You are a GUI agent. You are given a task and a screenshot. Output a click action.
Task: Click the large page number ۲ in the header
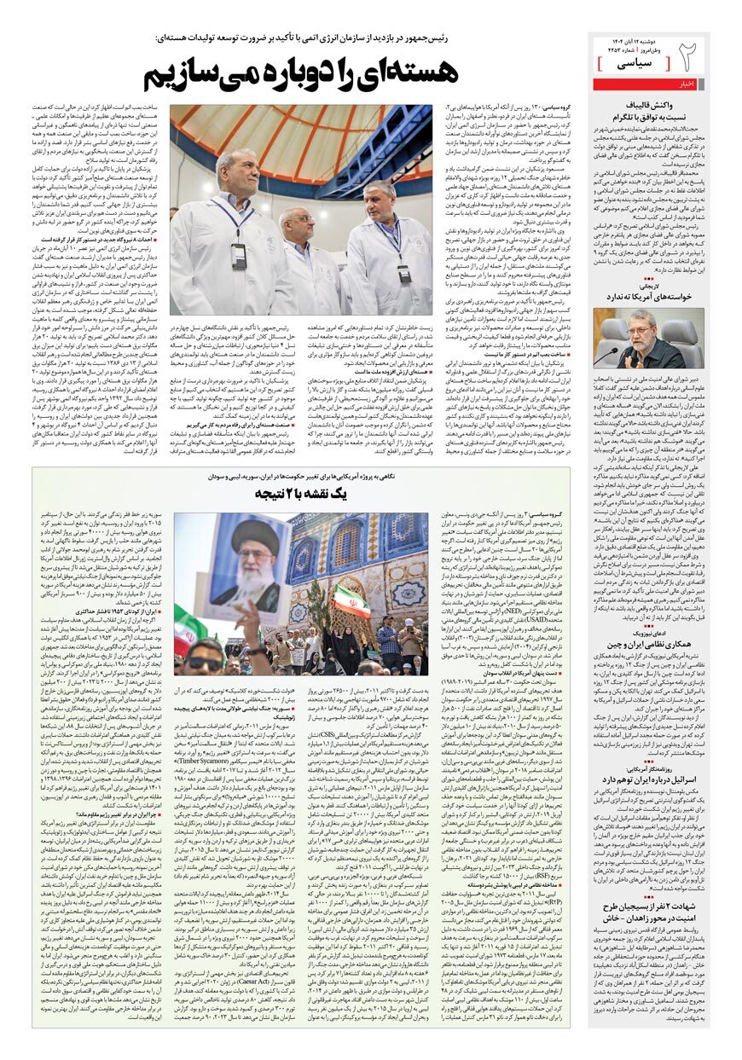[x=688, y=57]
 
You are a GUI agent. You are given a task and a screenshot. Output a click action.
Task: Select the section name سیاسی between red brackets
[x=633, y=64]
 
